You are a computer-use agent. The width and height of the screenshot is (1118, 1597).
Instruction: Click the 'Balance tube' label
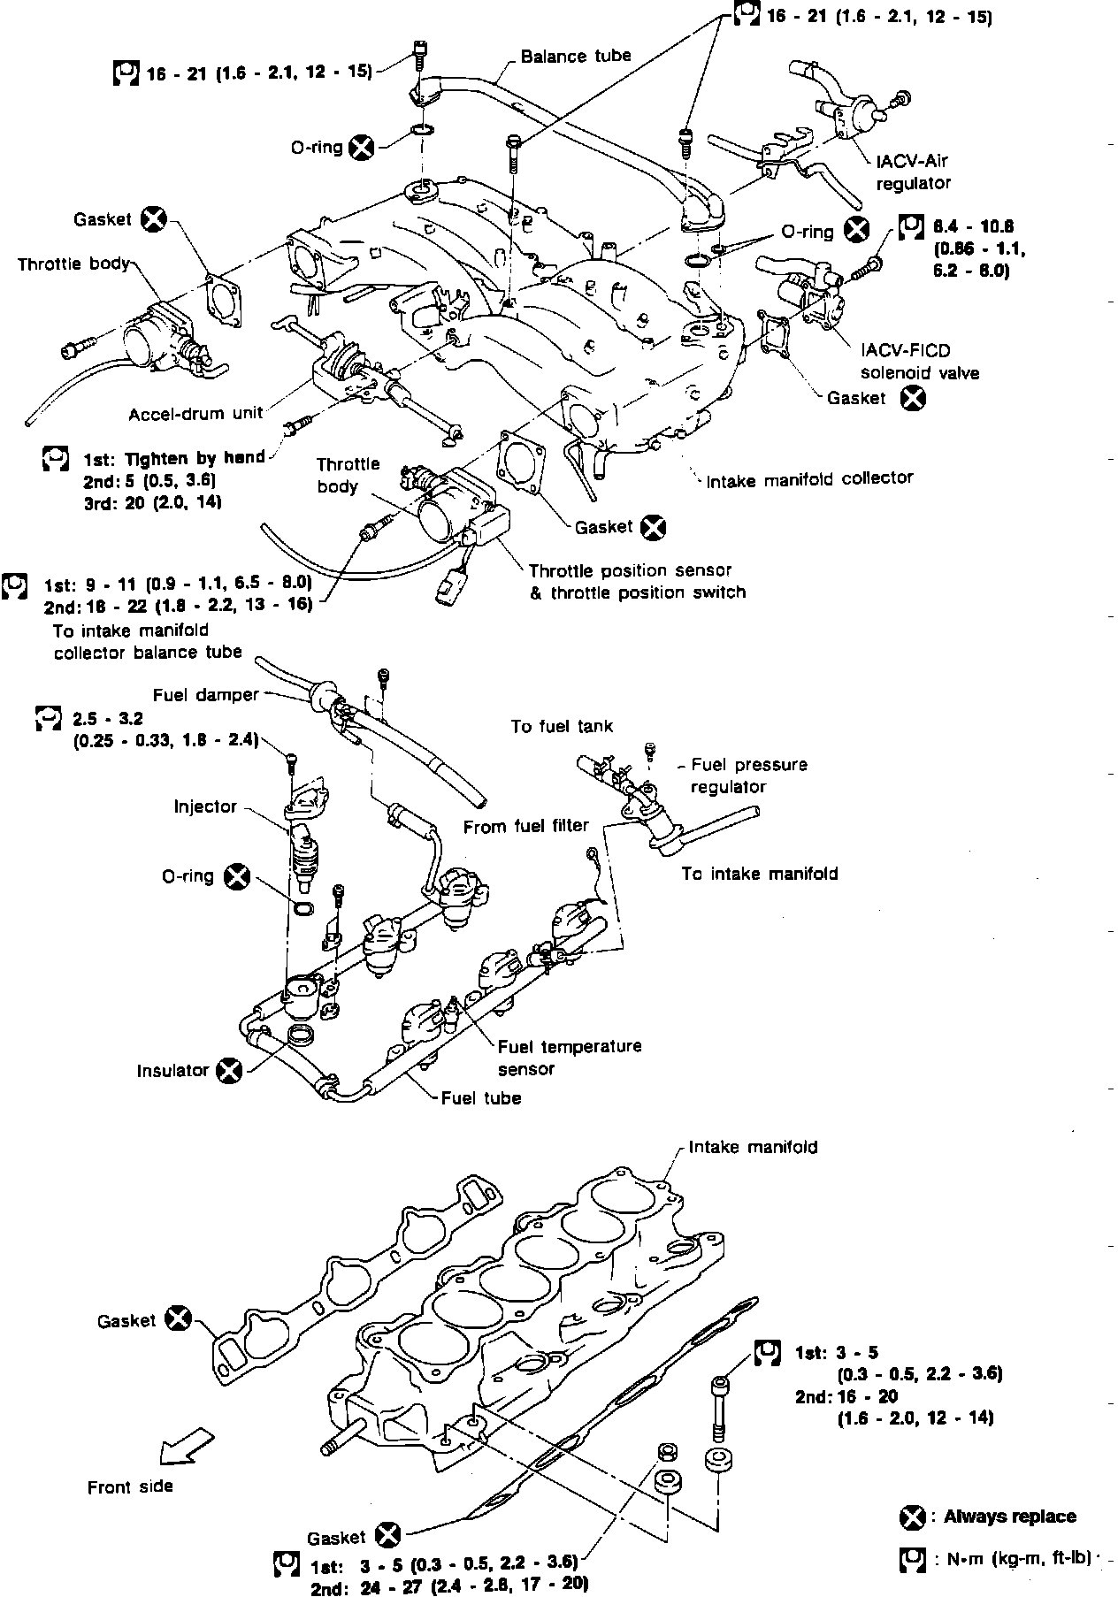(x=576, y=57)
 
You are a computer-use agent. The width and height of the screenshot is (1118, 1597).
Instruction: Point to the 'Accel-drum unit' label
(x=195, y=414)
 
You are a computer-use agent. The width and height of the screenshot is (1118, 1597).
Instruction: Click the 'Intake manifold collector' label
(x=809, y=478)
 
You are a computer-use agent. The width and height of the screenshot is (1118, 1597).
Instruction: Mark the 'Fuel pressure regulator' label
(x=749, y=776)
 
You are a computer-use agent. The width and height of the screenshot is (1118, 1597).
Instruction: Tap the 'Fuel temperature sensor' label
(x=570, y=1058)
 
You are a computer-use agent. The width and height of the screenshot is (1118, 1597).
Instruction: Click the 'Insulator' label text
(x=172, y=1071)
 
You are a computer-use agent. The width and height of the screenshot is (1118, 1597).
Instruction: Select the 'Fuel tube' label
(x=481, y=1098)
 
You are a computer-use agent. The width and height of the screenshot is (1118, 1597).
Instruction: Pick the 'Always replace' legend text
(x=1010, y=1517)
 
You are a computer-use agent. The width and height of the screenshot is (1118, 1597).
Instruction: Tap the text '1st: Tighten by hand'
(x=174, y=458)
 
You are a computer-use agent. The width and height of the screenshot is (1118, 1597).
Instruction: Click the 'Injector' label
(x=206, y=806)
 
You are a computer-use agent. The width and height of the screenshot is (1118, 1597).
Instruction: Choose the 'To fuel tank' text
(x=562, y=727)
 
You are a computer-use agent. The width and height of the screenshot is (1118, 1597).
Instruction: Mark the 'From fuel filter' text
(x=526, y=826)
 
